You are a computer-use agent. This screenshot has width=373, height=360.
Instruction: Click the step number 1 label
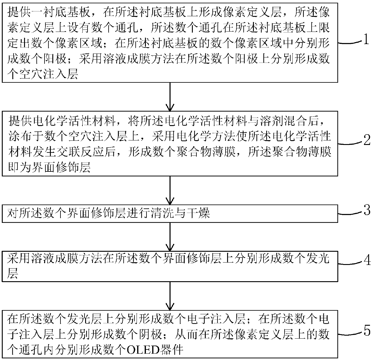366,39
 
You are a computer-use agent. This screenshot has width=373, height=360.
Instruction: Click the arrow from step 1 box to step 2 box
170,97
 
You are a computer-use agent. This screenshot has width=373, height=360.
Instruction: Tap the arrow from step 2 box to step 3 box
170,190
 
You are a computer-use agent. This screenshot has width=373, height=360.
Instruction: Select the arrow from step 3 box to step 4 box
170,237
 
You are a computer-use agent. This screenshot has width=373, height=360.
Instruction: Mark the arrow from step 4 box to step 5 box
170,296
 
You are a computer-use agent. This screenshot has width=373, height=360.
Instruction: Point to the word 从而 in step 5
186,334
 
